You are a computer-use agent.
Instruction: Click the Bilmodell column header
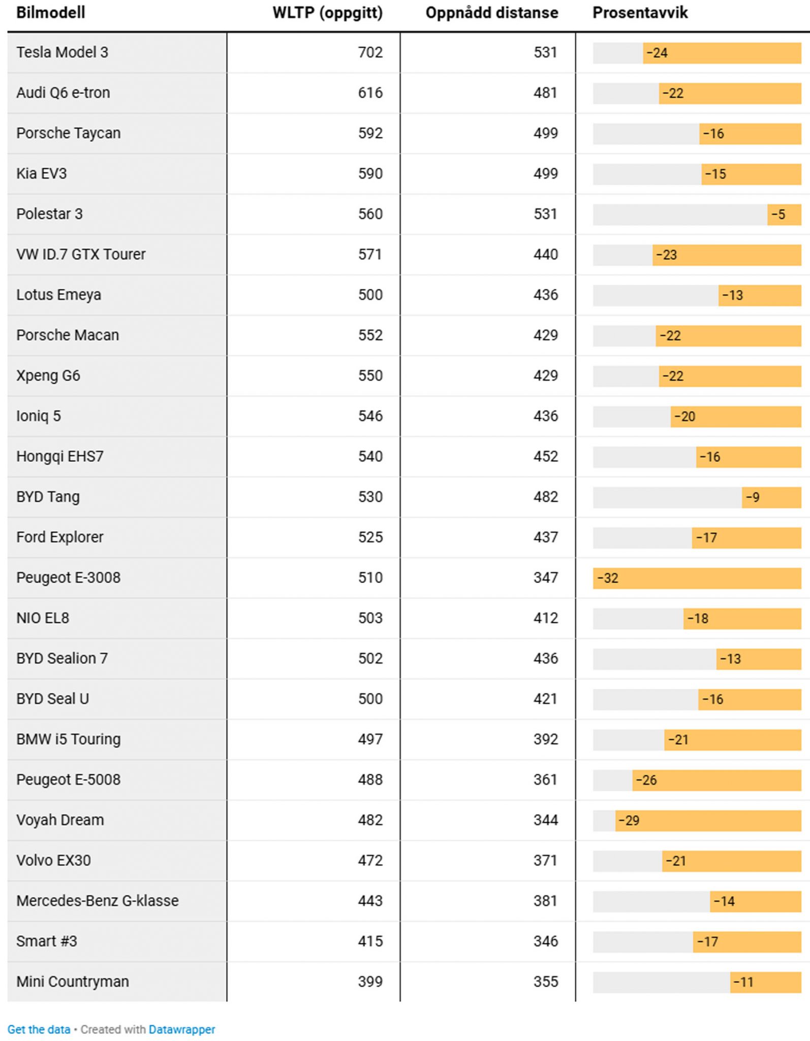51,13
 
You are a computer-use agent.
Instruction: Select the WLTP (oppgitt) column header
327,13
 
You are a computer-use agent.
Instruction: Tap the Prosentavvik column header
640,13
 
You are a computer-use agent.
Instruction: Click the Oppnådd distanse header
491,13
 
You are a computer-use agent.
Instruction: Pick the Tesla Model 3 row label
62,52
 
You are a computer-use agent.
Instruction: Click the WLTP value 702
370,52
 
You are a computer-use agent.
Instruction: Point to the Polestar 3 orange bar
784,214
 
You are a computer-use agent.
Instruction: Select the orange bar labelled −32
697,578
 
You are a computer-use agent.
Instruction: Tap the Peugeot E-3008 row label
68,578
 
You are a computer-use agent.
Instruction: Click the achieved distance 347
545,578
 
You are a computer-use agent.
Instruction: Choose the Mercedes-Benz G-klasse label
97,901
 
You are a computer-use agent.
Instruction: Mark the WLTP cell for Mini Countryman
370,982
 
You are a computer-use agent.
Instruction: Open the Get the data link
39,1030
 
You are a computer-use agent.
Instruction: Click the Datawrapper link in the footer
181,1030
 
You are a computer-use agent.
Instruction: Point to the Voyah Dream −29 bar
708,820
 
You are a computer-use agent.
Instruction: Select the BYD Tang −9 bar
771,497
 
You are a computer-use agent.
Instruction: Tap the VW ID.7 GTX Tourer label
81,254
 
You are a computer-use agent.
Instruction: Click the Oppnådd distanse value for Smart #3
545,941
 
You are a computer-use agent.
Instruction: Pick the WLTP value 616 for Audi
370,93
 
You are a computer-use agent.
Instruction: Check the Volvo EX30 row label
53,861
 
